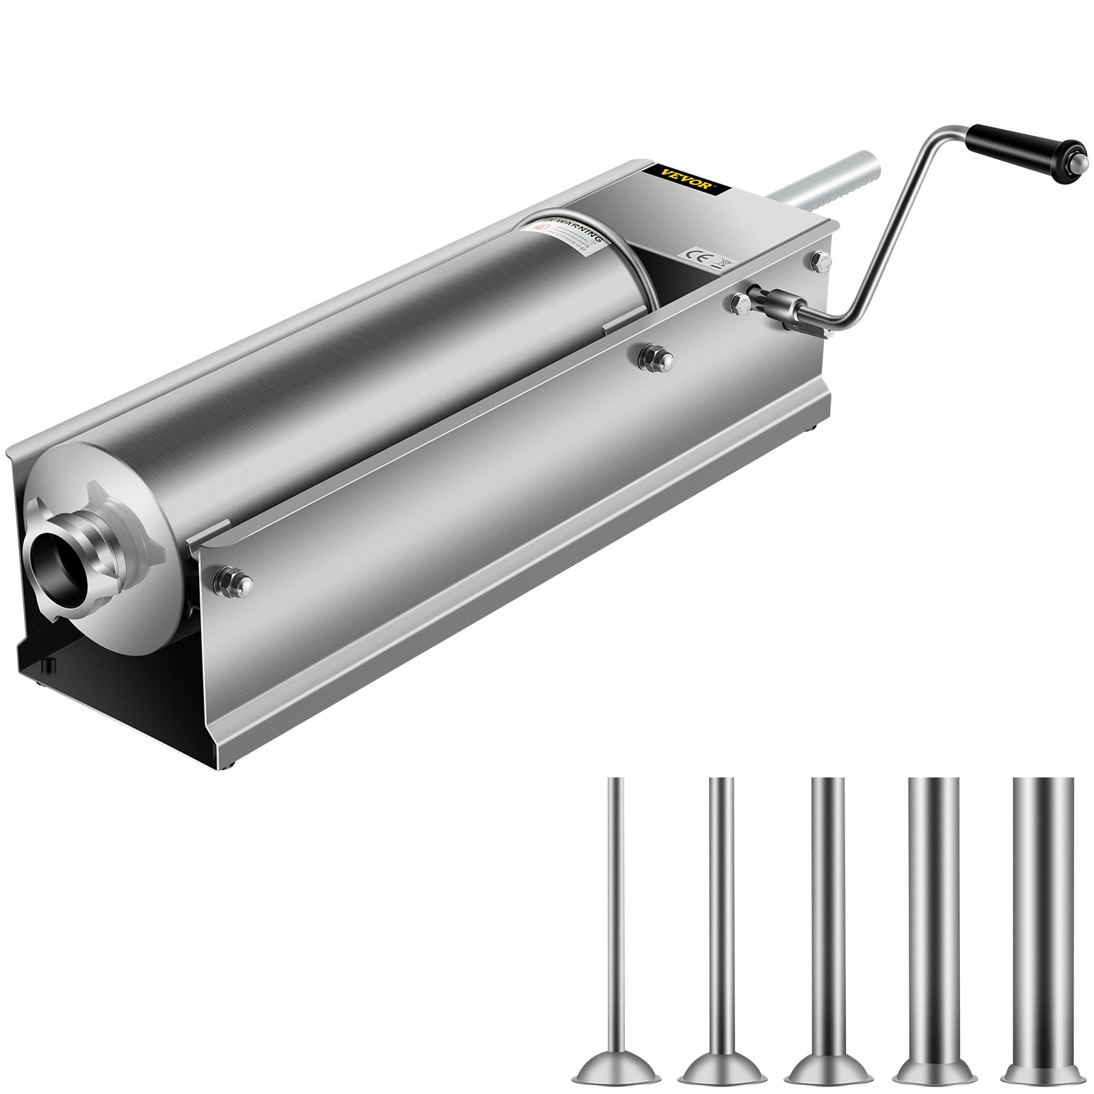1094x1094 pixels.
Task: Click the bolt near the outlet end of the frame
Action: pos(232,581)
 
